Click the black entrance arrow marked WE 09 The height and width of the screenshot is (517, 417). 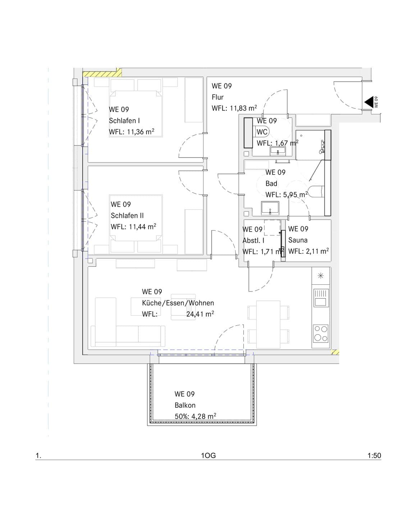[x=368, y=102]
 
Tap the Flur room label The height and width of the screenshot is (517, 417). [x=217, y=97]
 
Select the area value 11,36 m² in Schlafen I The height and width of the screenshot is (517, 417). [x=141, y=132]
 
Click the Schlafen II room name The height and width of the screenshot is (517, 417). [x=127, y=215]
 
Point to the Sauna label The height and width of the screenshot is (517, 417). [x=298, y=240]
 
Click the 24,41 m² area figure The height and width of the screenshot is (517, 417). [x=200, y=314]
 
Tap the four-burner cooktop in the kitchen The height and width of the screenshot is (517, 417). [x=321, y=333]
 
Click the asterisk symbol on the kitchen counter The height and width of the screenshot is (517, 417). [x=321, y=276]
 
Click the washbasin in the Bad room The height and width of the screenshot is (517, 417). [x=270, y=208]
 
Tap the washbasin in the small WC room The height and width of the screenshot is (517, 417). [x=278, y=152]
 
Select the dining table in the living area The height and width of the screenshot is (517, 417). [x=268, y=324]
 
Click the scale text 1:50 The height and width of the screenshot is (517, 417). [x=374, y=456]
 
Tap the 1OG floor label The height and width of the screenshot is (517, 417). [x=208, y=456]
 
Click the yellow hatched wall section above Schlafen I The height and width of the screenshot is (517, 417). [x=102, y=73]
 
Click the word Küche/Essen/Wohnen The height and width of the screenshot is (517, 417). [x=178, y=303]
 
